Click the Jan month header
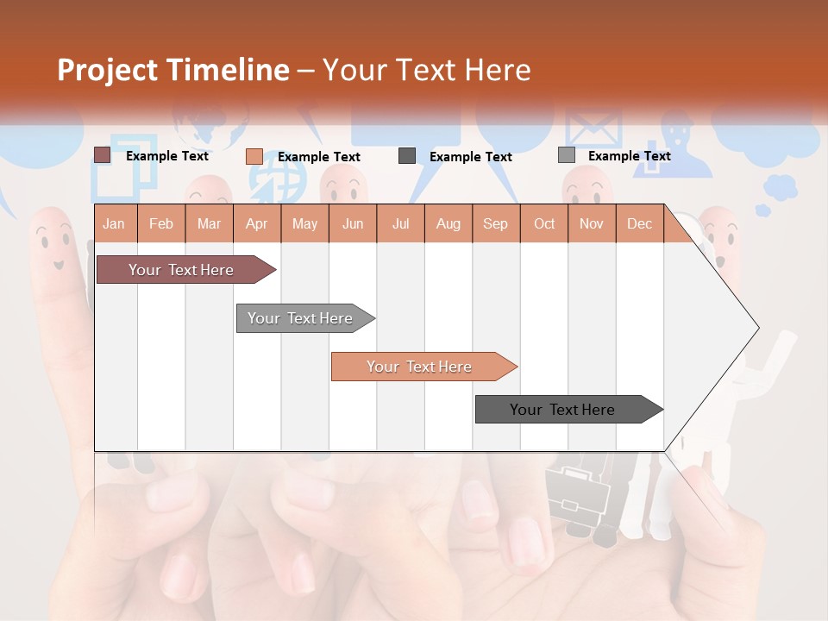pyautogui.click(x=114, y=223)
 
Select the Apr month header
pyautogui.click(x=256, y=223)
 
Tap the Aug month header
pyautogui.click(x=448, y=223)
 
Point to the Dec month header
pyautogui.click(x=639, y=223)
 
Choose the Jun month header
pyautogui.click(x=353, y=223)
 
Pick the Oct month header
pyautogui.click(x=544, y=223)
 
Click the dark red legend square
pyautogui.click(x=103, y=155)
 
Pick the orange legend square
pyautogui.click(x=254, y=156)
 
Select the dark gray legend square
pyautogui.click(x=407, y=156)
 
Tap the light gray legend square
pyautogui.click(x=567, y=155)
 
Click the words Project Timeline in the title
pyautogui.click(x=173, y=70)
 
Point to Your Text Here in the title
pyautogui.click(x=427, y=70)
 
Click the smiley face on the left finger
pyautogui.click(x=53, y=246)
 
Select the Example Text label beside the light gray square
pyautogui.click(x=629, y=156)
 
